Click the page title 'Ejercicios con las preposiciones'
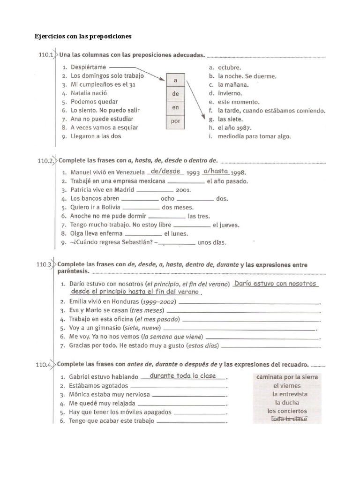[84, 36]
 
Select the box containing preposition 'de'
[175, 93]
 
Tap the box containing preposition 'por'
[175, 120]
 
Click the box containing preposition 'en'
[175, 107]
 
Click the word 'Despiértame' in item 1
[88, 67]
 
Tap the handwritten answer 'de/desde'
[165, 171]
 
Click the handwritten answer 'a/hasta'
[216, 171]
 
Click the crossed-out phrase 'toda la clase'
[289, 419]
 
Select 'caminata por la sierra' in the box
[287, 377]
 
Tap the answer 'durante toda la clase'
[182, 375]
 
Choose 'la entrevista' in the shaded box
[290, 394]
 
